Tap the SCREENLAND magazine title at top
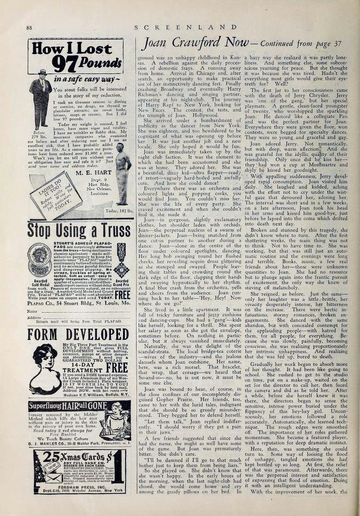click(189, 26)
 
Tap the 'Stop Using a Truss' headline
click(79, 229)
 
